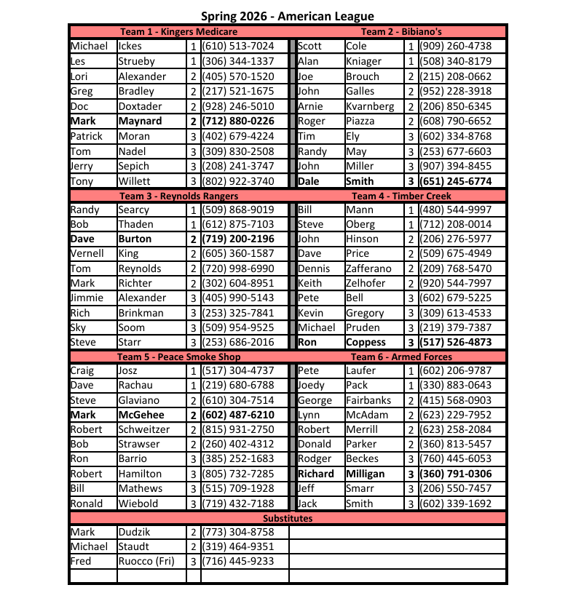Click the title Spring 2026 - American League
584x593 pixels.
(x=288, y=16)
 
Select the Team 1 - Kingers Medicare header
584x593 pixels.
(x=178, y=31)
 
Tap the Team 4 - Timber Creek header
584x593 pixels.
(x=401, y=196)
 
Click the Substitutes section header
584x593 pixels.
(x=288, y=518)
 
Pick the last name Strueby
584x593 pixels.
(x=136, y=61)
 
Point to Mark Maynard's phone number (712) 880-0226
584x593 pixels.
(x=237, y=121)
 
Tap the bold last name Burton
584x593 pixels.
(x=135, y=239)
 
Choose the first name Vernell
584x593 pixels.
(x=87, y=253)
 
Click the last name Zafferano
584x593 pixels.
(x=368, y=268)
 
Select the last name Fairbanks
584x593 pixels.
(x=368, y=400)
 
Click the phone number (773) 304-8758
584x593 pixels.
(x=237, y=532)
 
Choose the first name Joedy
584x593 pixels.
(x=312, y=385)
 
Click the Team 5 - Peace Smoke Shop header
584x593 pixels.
(x=178, y=357)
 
